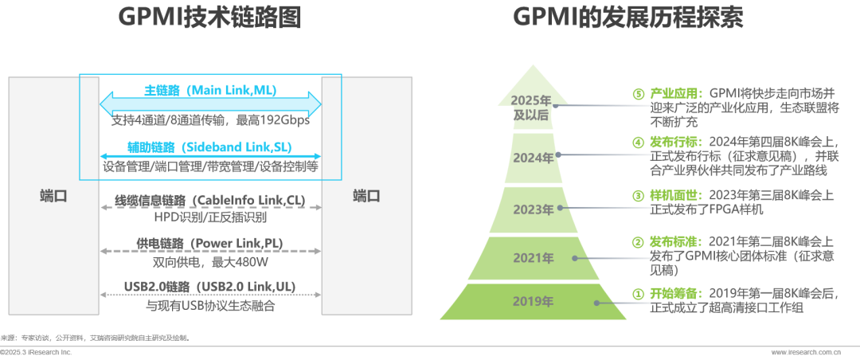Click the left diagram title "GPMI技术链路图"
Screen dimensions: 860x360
[210, 18]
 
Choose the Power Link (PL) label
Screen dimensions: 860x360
[210, 243]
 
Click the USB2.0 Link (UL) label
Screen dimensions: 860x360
[210, 287]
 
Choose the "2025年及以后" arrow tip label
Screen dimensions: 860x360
[532, 108]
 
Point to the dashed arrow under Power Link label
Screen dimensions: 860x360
[210, 252]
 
